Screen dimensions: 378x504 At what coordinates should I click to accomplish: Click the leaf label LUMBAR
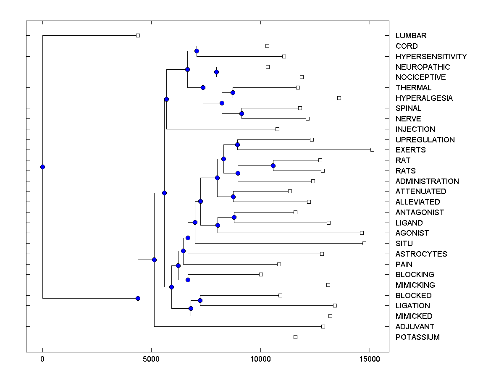[x=411, y=36]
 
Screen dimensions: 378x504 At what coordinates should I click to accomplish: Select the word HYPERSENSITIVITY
[x=431, y=57]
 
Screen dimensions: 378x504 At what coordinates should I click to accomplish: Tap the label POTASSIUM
[x=417, y=337]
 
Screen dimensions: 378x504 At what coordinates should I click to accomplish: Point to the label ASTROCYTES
[x=421, y=254]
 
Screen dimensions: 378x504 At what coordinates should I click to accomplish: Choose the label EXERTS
[x=410, y=150]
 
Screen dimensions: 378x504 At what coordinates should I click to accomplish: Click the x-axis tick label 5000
[x=151, y=359]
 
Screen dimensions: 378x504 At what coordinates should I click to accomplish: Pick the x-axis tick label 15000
[x=369, y=359]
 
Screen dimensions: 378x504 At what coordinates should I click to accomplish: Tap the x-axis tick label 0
[x=42, y=359]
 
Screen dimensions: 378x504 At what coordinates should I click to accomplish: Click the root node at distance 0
[x=42, y=167]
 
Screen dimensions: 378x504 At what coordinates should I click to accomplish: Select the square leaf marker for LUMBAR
[x=138, y=35]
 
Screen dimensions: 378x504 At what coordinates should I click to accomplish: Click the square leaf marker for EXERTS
[x=372, y=150]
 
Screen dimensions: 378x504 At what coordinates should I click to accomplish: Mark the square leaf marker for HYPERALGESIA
[x=339, y=98]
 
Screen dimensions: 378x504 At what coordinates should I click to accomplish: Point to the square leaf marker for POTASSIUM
[x=295, y=337]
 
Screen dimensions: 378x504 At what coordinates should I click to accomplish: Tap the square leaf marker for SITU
[x=364, y=243]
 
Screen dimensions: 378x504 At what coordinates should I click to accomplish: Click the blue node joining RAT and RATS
[x=273, y=165]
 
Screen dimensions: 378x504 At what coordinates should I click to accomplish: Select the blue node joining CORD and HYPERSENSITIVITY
[x=197, y=51]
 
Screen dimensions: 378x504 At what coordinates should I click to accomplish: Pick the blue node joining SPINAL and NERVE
[x=241, y=113]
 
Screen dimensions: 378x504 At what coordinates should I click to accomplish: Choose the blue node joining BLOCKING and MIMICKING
[x=188, y=280]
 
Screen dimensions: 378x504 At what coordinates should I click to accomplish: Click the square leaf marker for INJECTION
[x=277, y=129]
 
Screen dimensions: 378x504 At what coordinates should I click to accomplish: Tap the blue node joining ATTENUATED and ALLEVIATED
[x=233, y=197]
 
